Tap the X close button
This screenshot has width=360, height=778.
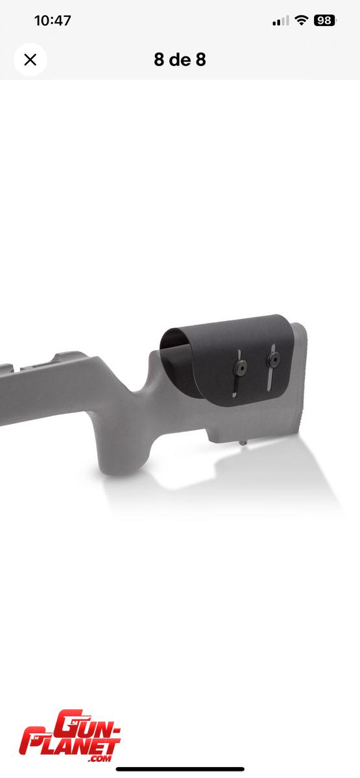pyautogui.click(x=30, y=60)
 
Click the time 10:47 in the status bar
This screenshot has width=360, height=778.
pyautogui.click(x=53, y=21)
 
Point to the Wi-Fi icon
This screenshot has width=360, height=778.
pyautogui.click(x=301, y=21)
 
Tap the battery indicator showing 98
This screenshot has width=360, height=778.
pyautogui.click(x=324, y=21)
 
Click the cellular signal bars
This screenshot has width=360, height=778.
pyautogui.click(x=281, y=21)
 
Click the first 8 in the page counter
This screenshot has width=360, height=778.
pyautogui.click(x=159, y=60)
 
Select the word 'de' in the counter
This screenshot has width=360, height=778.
pyautogui.click(x=180, y=60)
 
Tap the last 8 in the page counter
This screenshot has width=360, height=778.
pyautogui.click(x=201, y=60)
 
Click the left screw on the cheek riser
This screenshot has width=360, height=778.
pyautogui.click(x=241, y=367)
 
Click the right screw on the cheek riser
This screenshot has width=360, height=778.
pyautogui.click(x=274, y=359)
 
